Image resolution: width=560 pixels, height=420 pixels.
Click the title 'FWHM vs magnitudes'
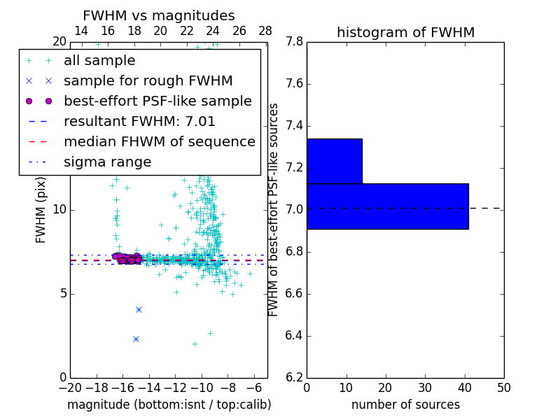click(159, 15)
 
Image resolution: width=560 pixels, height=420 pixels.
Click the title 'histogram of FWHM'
click(405, 32)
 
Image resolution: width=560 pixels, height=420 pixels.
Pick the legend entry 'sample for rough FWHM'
click(148, 81)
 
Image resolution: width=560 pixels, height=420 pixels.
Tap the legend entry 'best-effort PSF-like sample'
click(157, 101)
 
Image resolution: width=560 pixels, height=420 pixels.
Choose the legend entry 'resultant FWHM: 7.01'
click(139, 121)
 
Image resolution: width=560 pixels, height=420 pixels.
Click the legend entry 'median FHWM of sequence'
click(159, 141)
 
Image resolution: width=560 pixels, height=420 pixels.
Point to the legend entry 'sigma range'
click(107, 162)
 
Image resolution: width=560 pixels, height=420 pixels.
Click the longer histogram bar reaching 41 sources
click(387, 206)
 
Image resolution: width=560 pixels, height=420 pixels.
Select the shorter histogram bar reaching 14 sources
click(334, 161)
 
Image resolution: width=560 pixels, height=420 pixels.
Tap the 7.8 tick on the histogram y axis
click(295, 42)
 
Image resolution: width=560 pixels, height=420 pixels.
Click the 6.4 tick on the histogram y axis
click(295, 335)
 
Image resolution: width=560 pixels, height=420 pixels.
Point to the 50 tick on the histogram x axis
click(503, 387)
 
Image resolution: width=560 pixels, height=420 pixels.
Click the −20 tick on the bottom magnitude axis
click(70, 387)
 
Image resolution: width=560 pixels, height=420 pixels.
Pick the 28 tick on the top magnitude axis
click(265, 31)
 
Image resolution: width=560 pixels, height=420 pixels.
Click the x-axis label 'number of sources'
click(405, 405)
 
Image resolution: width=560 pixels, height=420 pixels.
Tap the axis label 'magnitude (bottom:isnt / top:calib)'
click(169, 405)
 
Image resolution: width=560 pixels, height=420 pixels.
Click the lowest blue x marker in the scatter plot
click(136, 339)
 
